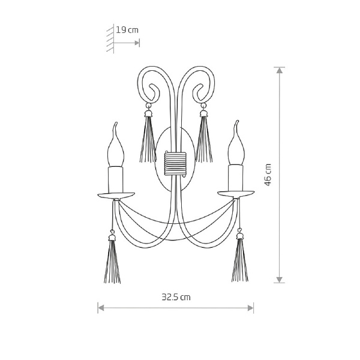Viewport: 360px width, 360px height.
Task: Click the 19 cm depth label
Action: [x=127, y=30]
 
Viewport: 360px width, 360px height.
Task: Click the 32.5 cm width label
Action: [x=176, y=297]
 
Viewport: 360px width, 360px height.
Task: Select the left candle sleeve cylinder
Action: [x=116, y=179]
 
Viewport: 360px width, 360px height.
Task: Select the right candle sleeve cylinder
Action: [x=236, y=178]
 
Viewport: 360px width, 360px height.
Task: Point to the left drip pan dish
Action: [x=116, y=196]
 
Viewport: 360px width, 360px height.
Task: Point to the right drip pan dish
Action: [x=236, y=194]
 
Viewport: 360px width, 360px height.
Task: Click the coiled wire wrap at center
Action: [x=175, y=163]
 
